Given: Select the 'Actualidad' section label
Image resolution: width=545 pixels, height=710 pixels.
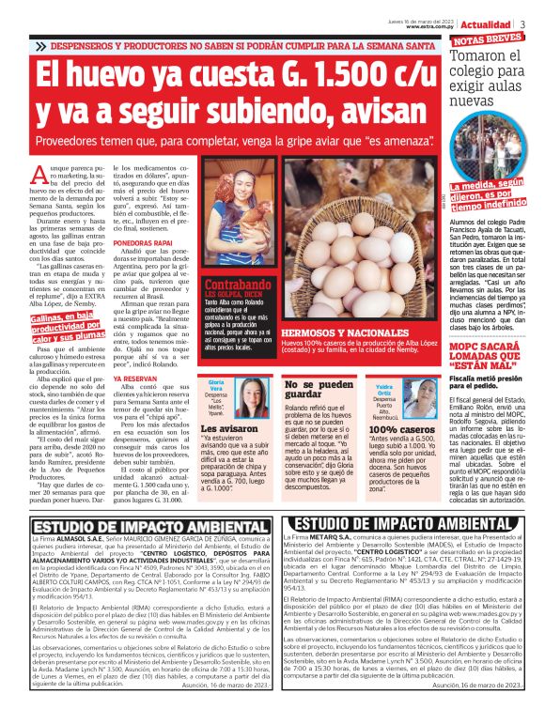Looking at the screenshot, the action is click(488, 23).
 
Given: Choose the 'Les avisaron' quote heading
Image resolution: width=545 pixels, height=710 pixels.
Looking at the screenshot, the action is click(227, 430).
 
